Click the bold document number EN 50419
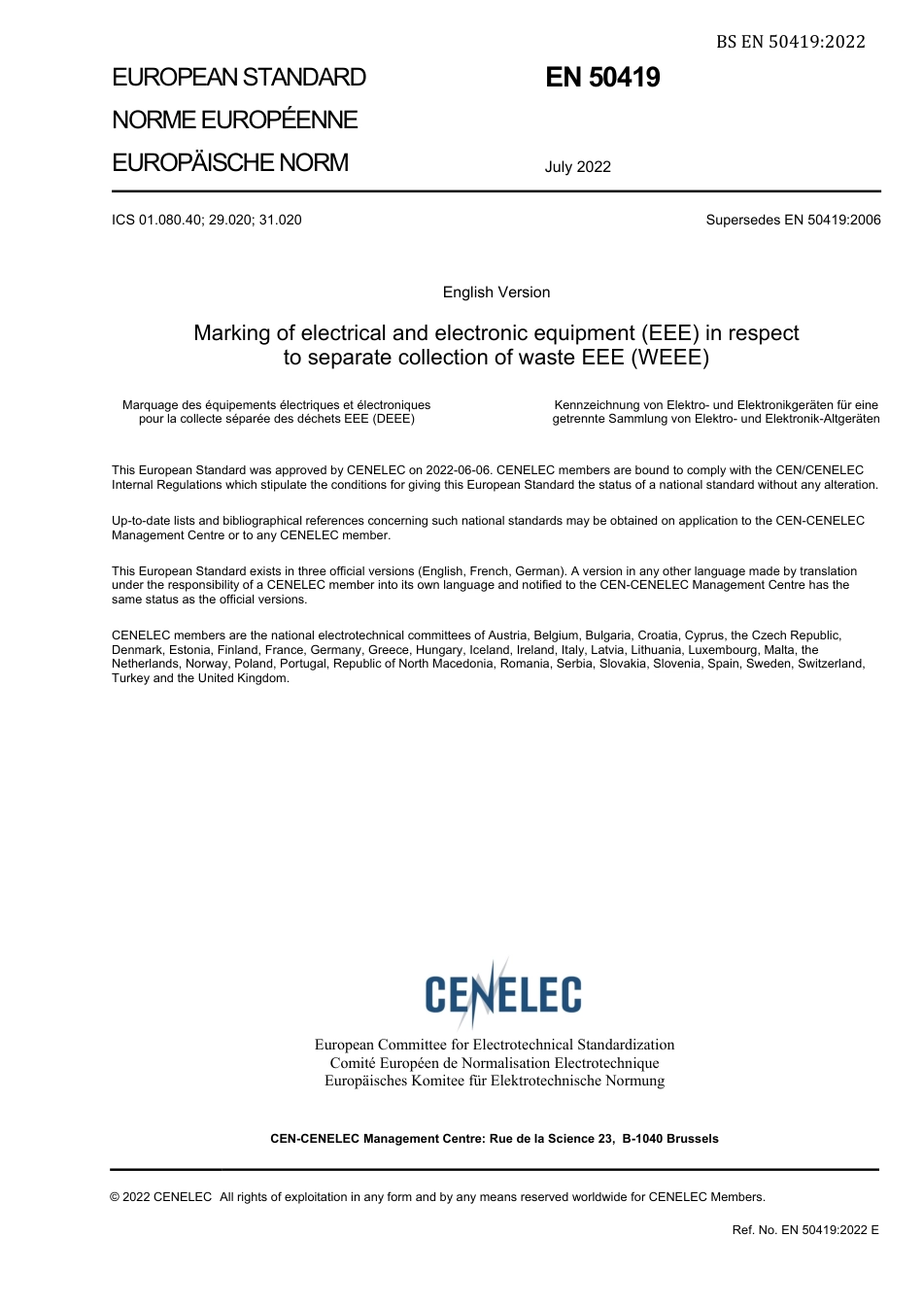click(x=602, y=78)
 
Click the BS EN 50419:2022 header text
click(x=790, y=41)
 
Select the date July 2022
click(x=577, y=167)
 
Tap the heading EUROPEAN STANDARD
click(x=239, y=78)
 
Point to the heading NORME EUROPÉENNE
click(x=235, y=120)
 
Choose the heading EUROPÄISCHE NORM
click(x=230, y=162)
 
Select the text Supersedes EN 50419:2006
click(x=793, y=220)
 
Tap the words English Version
click(x=496, y=292)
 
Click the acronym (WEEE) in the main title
click(x=671, y=358)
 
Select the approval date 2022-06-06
click(x=458, y=470)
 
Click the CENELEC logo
click(x=502, y=993)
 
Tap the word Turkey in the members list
click(x=130, y=678)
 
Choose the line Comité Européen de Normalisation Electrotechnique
click(x=495, y=1063)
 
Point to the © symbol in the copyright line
click(x=115, y=1197)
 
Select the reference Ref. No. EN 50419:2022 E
click(x=805, y=1230)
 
